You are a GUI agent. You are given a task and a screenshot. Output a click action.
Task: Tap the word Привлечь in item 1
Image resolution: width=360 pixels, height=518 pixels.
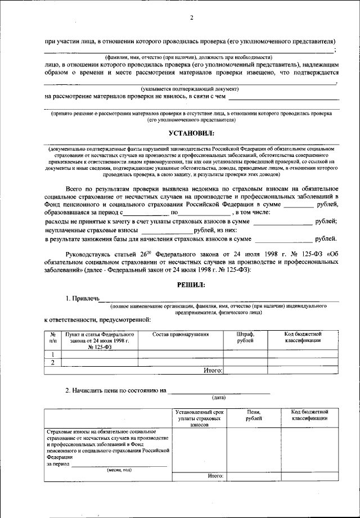[x=85, y=298]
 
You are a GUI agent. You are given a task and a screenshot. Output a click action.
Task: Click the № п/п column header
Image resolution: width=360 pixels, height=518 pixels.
[x=53, y=337]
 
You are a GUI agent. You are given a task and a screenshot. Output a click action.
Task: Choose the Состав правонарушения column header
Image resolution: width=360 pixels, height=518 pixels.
[x=181, y=334]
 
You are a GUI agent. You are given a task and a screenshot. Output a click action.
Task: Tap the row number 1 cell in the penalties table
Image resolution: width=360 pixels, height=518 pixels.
[x=53, y=354]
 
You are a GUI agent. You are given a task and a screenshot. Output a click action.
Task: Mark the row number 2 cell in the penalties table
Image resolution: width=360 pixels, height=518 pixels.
[x=53, y=363]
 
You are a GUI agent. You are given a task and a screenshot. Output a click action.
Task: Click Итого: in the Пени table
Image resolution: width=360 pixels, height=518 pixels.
[x=216, y=476]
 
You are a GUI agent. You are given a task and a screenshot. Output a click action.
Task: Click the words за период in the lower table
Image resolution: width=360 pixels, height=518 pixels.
[x=57, y=465]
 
